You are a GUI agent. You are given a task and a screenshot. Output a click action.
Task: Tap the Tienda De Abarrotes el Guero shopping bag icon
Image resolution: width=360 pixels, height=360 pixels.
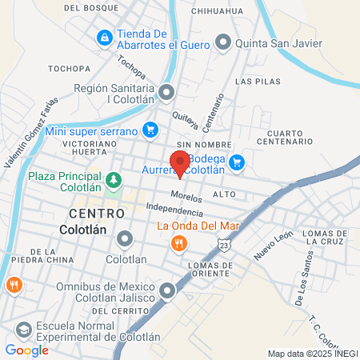pyautogui.click(x=104, y=38)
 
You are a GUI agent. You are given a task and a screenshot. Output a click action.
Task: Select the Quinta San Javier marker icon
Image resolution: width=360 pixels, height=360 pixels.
pyautogui.click(x=223, y=42)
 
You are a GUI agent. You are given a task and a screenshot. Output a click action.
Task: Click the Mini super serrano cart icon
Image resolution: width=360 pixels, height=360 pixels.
pyautogui.click(x=150, y=130)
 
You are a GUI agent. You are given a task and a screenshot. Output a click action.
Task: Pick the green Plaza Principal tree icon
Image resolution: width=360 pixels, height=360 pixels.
pyautogui.click(x=114, y=179)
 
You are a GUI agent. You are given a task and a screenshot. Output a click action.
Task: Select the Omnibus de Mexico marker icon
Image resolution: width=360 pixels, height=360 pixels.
pyautogui.click(x=167, y=291)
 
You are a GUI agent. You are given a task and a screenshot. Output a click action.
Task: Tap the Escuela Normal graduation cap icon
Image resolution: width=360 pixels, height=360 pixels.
pyautogui.click(x=25, y=330)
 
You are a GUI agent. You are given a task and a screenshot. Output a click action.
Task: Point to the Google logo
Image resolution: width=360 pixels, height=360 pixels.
pyautogui.click(x=26, y=350)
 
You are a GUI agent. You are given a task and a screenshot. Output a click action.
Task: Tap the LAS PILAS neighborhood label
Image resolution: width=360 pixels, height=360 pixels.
pyautogui.click(x=255, y=82)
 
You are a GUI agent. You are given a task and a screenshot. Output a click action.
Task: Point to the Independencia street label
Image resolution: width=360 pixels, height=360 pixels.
pyautogui.click(x=174, y=210)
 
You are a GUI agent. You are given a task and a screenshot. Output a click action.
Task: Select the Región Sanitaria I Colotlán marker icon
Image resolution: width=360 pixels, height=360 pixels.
pyautogui.click(x=166, y=94)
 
